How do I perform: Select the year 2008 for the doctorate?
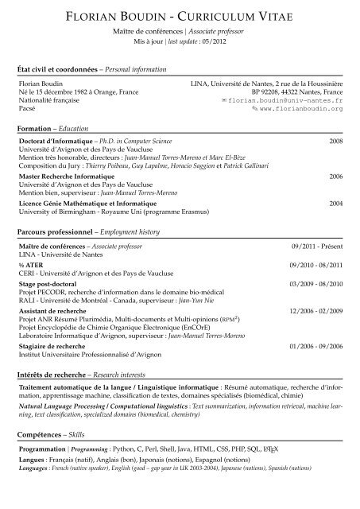pos(335,140)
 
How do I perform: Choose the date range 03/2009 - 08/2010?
pos(315,283)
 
